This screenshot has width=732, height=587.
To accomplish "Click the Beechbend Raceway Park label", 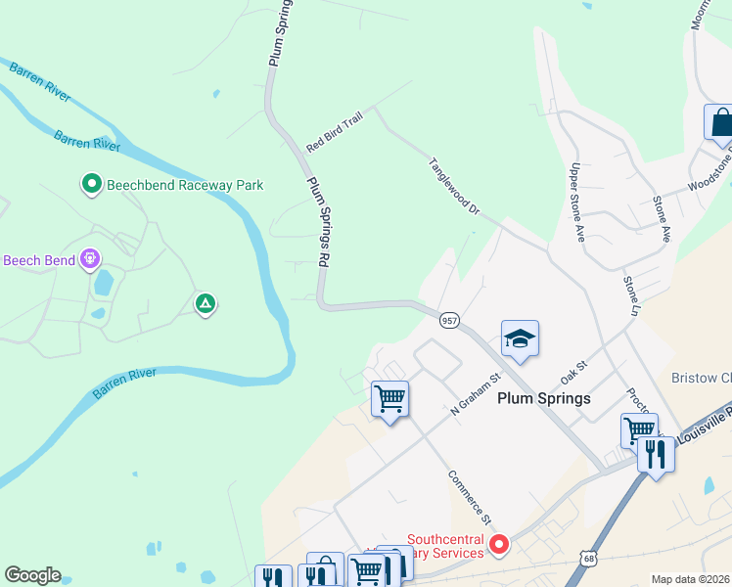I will coord(173,183).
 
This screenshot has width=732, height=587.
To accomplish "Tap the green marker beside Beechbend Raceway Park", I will coord(91,183).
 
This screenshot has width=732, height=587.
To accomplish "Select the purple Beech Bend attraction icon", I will coord(90,259).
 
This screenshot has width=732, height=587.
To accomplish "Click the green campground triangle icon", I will coord(206,304).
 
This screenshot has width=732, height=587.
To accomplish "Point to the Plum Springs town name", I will coord(544,398).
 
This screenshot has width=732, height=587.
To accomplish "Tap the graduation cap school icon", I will coord(521,339).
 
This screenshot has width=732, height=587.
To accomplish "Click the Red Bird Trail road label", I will coord(334,131).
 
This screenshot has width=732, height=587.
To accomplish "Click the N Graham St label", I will coord(476,392).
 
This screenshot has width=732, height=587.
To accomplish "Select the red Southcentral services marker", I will coord(499,545).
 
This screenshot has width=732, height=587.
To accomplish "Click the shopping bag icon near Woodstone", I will coord(721,123).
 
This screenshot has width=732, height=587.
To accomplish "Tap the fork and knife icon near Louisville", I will coord(656,453).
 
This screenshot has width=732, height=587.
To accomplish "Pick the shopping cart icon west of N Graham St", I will coord(389,399).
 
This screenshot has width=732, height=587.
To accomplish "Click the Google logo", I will coord(32,575).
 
